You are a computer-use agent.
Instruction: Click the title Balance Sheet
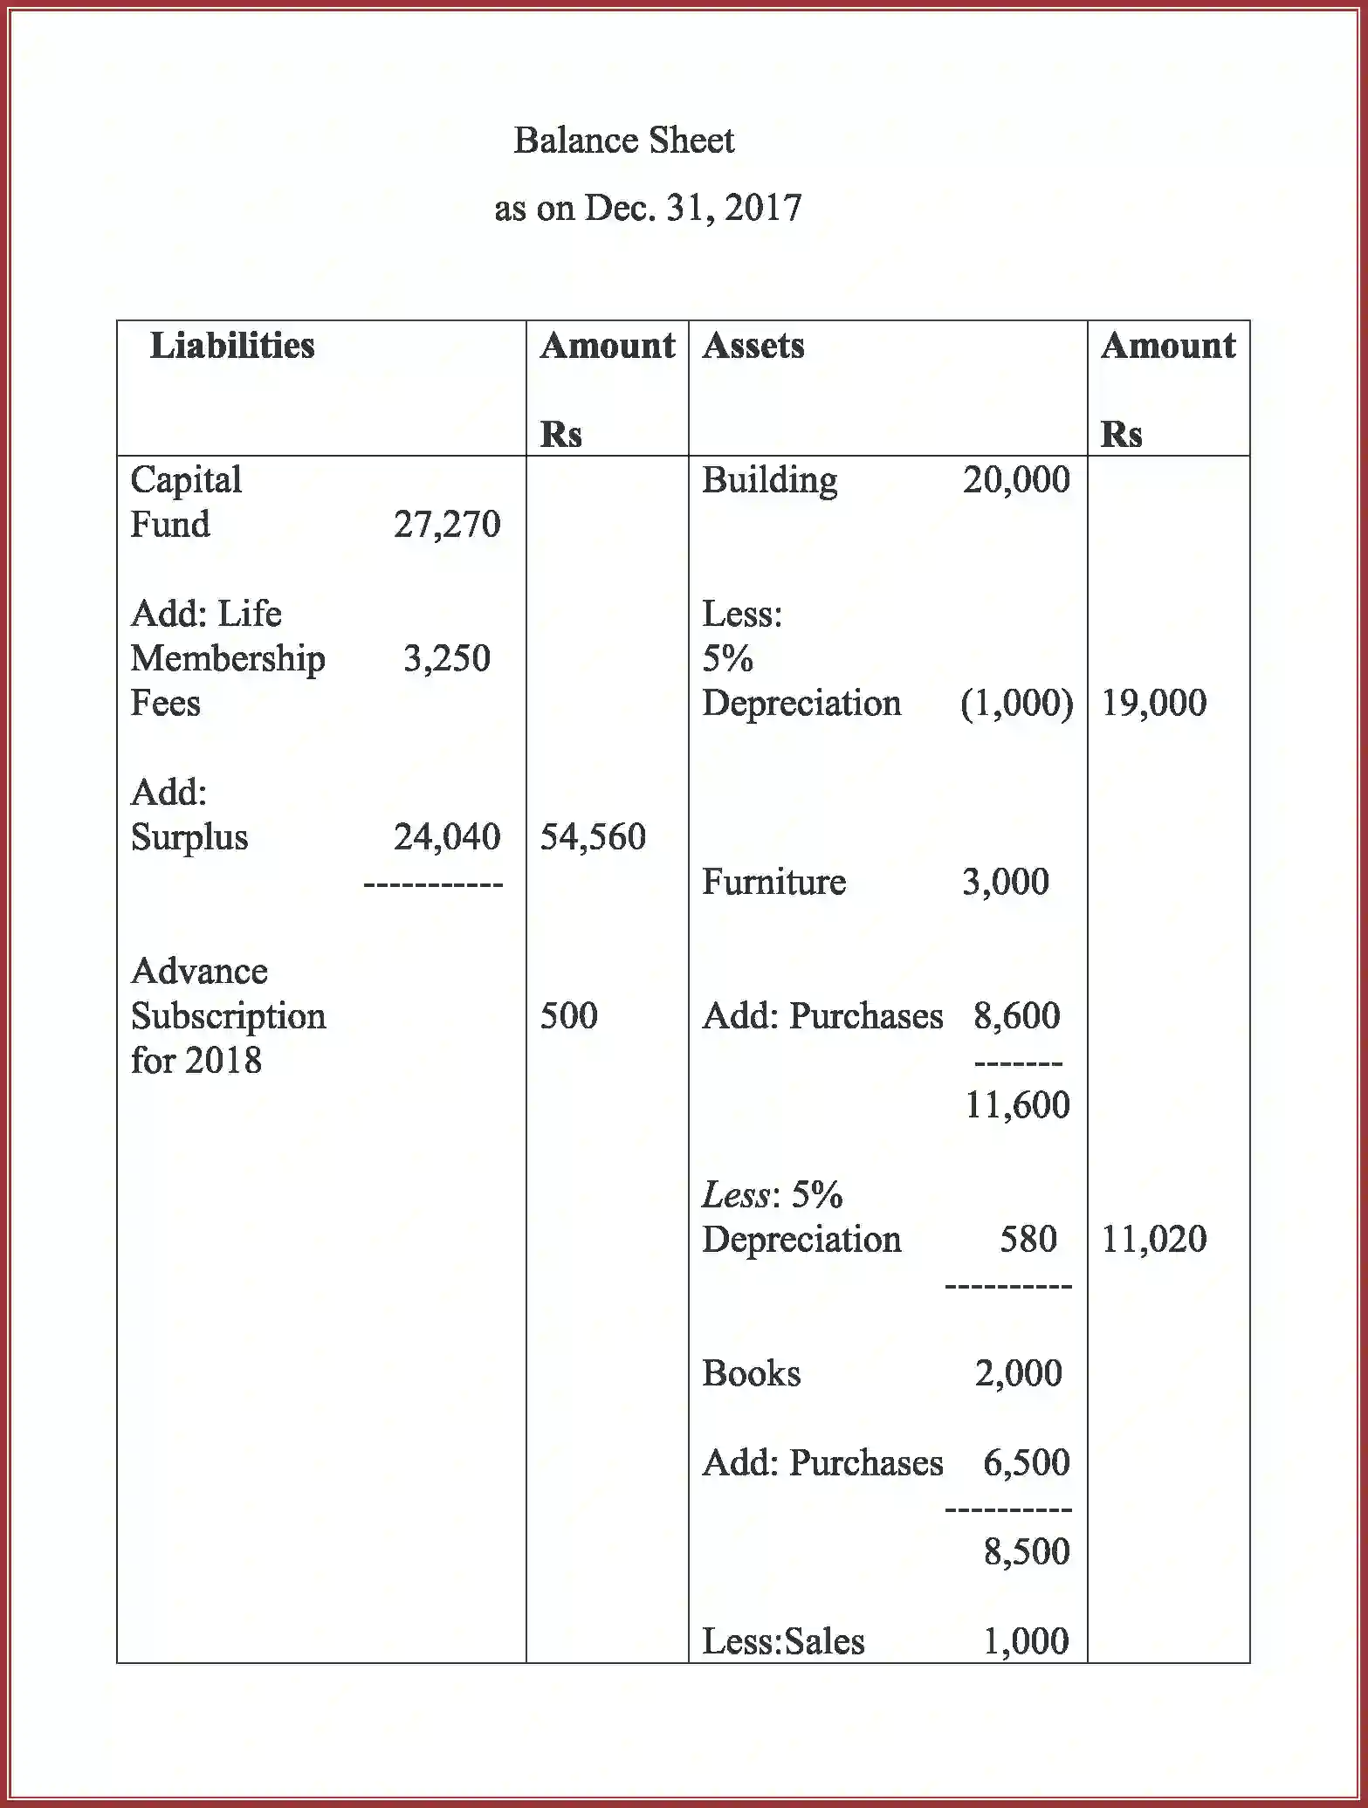[x=623, y=141]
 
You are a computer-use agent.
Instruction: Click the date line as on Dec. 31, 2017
[x=647, y=209]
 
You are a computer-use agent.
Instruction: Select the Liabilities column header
[x=232, y=346]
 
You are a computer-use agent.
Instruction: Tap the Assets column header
[x=753, y=346]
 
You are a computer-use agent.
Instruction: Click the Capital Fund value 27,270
[x=446, y=525]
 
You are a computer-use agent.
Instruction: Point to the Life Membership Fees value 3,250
[x=446, y=658]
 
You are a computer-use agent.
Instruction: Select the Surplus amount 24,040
[x=446, y=836]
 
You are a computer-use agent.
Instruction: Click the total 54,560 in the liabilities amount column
[x=593, y=836]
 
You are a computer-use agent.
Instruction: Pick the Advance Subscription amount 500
[x=568, y=1015]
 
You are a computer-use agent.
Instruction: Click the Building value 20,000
[x=1016, y=479]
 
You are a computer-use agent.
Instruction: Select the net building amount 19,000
[x=1153, y=703]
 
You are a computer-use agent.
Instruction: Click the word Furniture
[x=773, y=882]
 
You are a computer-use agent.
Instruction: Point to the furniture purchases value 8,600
[x=1016, y=1015]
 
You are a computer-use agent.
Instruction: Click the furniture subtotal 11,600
[x=1016, y=1105]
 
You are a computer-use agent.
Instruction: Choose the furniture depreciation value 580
[x=1028, y=1239]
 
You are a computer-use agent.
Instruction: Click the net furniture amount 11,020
[x=1153, y=1239]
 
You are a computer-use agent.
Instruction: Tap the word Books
[x=751, y=1373]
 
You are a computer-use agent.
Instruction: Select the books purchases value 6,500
[x=1026, y=1462]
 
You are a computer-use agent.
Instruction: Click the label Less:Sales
[x=783, y=1641]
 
